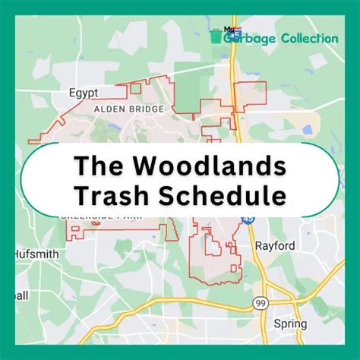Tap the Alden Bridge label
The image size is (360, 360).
(x=128, y=109)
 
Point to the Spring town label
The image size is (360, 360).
(x=290, y=324)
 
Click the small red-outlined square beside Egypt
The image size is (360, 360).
(x=136, y=88)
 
